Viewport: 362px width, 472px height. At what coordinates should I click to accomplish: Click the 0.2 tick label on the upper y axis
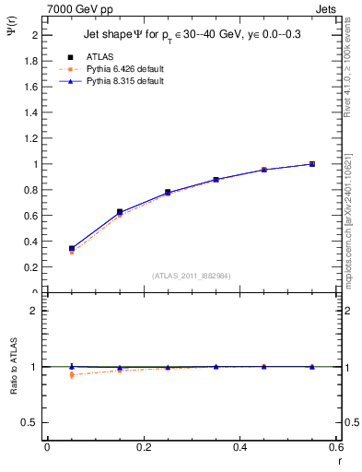click(33, 267)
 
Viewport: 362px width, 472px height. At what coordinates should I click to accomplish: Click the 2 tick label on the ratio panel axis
click(37, 311)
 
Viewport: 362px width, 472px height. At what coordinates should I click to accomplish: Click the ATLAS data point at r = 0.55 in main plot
click(311, 164)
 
